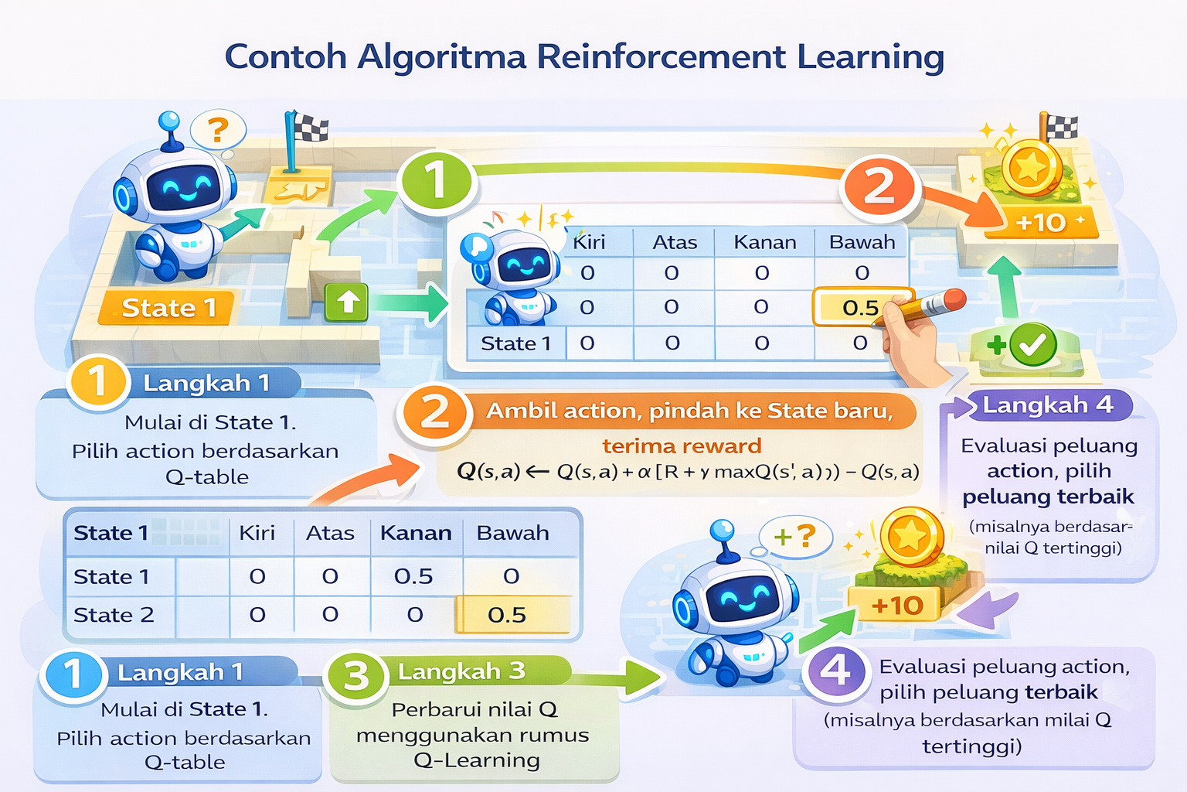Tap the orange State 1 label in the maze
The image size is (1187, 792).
[x=168, y=308]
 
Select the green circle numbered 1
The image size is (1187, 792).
[x=436, y=183]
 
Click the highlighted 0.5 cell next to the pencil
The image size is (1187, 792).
[x=859, y=308]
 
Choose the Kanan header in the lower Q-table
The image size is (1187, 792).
[x=416, y=533]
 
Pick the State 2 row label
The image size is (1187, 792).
[x=114, y=615]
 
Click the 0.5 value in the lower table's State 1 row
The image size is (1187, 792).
[x=413, y=576]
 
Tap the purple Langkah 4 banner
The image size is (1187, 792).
[x=1047, y=405]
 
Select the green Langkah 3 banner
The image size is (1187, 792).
[x=461, y=671]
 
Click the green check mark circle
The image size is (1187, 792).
[x=1032, y=345]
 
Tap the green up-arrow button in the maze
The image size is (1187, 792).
[x=346, y=301]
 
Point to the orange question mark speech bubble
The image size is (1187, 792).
[x=219, y=129]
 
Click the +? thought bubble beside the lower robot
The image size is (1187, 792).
[x=794, y=535]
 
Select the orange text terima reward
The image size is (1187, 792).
[x=682, y=446]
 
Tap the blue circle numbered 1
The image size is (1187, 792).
[x=73, y=673]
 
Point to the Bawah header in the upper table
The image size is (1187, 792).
[x=862, y=242]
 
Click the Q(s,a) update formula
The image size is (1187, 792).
[x=688, y=471]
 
